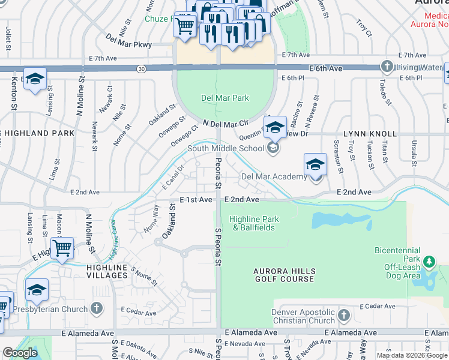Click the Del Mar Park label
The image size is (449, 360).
coord(224,98)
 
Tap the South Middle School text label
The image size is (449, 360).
coord(225,148)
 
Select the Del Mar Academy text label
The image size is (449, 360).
coord(274,176)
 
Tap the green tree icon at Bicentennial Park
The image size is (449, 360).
coord(429,262)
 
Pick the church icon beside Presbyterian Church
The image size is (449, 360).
coord(96,309)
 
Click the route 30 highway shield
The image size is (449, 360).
coord(140,69)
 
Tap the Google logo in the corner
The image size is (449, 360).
coord(20,353)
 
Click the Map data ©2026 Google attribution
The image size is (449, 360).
coord(412,355)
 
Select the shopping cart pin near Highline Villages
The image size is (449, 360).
coord(62,247)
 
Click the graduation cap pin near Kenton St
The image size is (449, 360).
coord(35,79)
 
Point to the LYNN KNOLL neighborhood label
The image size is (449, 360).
coord(370,133)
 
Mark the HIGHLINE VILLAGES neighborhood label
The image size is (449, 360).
coord(97,271)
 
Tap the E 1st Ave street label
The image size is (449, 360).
coord(196,199)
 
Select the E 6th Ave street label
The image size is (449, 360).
coord(326,68)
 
